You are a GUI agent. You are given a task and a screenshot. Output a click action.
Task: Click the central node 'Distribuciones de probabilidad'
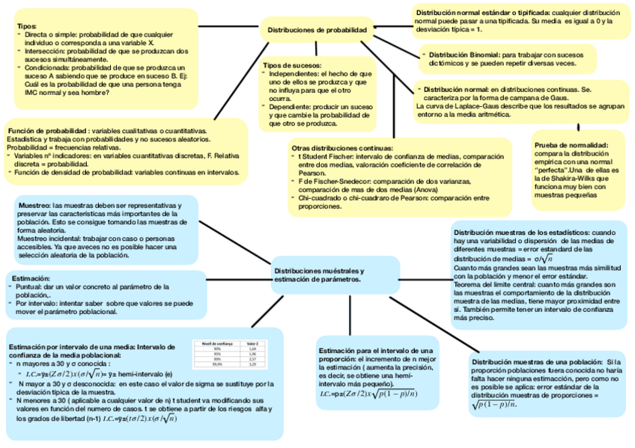click(317, 31)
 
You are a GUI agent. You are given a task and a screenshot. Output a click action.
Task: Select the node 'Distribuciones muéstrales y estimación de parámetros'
click(320, 274)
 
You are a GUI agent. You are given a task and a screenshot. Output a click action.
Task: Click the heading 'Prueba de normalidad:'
click(571, 144)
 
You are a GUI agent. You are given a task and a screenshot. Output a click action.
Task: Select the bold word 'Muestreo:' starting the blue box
click(34, 205)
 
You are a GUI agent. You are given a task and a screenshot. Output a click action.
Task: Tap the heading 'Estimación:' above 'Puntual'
click(31, 277)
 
